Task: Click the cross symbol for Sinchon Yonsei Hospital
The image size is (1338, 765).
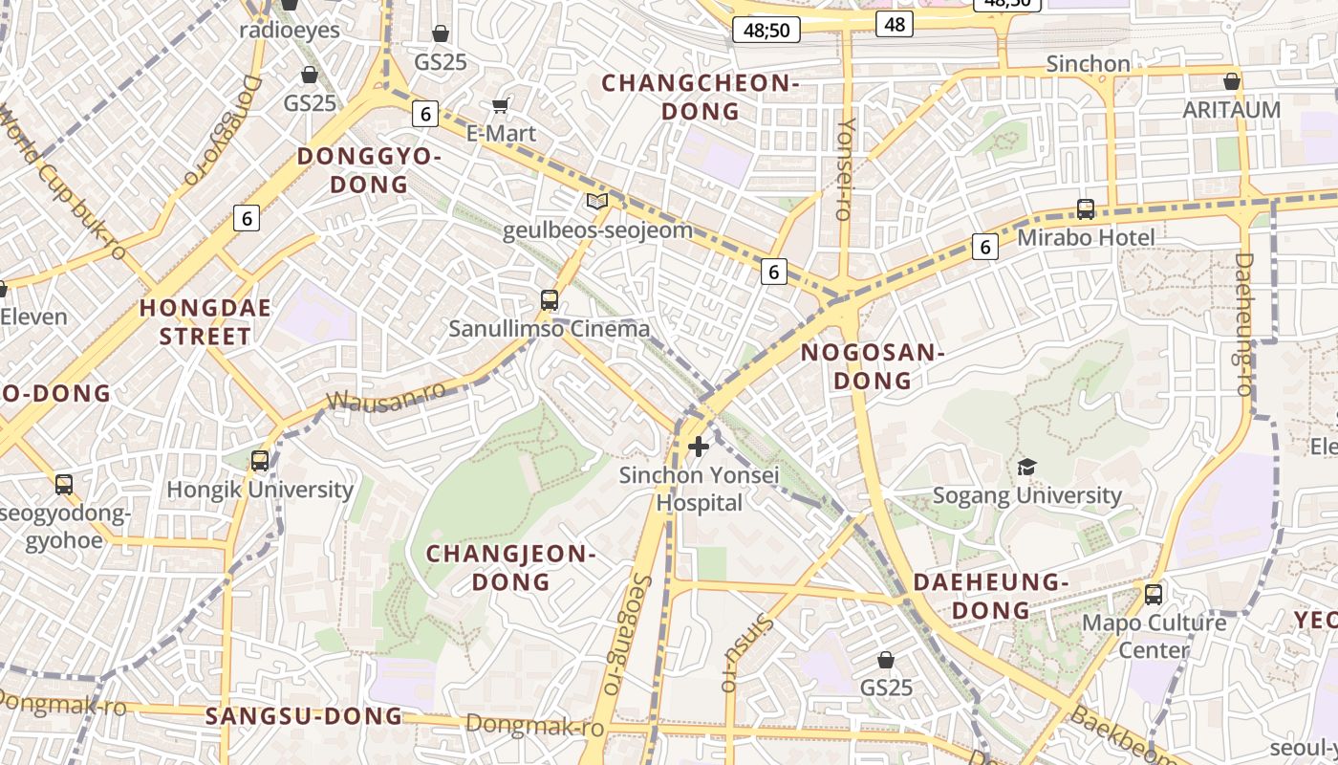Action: (699, 446)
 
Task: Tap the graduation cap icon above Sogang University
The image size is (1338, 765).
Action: (1026, 467)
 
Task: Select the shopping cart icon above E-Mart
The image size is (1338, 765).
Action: (500, 105)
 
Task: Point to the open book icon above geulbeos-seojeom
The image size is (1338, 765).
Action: (597, 202)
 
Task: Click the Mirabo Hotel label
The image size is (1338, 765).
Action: (1086, 237)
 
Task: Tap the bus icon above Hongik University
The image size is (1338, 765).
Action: (260, 460)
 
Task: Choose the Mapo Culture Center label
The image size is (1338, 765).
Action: (1154, 636)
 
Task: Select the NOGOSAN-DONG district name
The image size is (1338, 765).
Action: (872, 366)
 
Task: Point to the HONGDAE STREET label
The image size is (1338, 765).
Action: (205, 322)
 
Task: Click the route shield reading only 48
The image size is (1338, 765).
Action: (895, 24)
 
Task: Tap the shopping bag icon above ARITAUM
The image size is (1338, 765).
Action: (1232, 81)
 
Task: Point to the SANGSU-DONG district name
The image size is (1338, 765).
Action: (303, 716)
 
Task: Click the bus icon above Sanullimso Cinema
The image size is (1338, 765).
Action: (550, 300)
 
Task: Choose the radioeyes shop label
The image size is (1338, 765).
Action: (289, 30)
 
